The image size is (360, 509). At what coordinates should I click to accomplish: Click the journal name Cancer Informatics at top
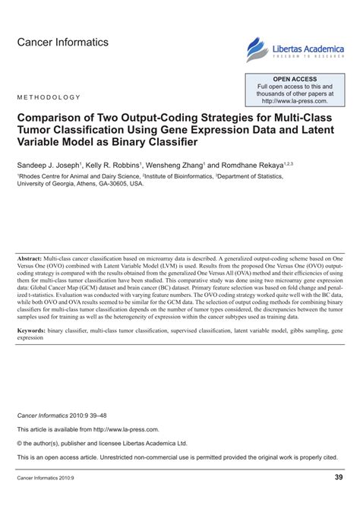62,43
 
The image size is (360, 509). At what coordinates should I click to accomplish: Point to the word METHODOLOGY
48,97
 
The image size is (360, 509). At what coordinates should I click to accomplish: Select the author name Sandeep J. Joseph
49,164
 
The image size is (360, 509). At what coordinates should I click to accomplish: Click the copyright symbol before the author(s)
21,442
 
